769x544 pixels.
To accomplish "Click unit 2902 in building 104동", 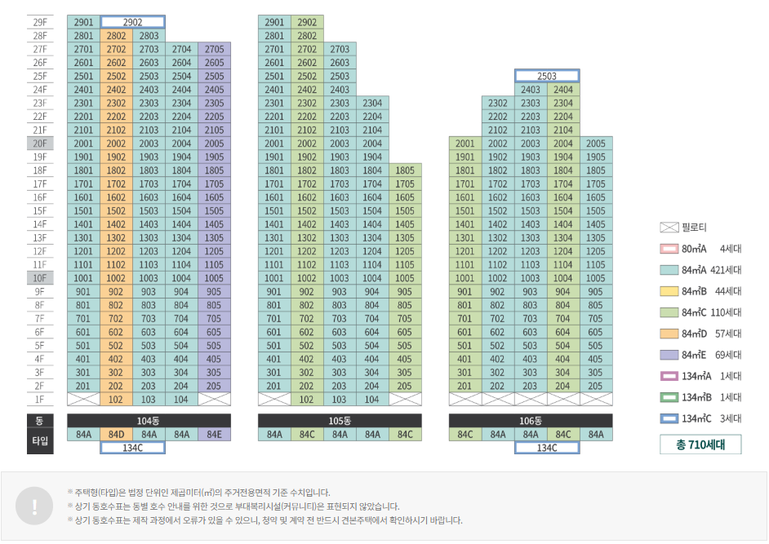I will pos(132,22).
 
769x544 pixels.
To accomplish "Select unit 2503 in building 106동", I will pos(546,76).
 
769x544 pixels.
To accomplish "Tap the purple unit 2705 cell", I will pos(214,49).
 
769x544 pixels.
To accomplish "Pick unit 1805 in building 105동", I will pos(405,170).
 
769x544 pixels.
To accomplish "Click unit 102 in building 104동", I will pos(116,400).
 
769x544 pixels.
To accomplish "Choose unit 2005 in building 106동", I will pos(596,144).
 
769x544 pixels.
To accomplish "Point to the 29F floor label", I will pos(40,22).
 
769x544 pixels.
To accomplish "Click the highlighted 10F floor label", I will pos(40,278).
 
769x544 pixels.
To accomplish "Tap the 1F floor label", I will pos(40,400).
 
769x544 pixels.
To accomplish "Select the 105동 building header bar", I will pos(340,420).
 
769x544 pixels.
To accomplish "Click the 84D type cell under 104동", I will pos(116,434).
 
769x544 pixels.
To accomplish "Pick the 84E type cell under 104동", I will pos(214,434).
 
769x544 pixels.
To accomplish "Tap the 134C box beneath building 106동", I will pos(546,448).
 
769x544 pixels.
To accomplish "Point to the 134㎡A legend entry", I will pos(699,376).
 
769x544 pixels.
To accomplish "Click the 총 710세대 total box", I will pos(700,444).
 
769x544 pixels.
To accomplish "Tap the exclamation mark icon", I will pos(33,506).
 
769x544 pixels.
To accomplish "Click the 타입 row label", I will pos(40,441).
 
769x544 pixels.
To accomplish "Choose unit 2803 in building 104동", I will pos(149,36).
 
